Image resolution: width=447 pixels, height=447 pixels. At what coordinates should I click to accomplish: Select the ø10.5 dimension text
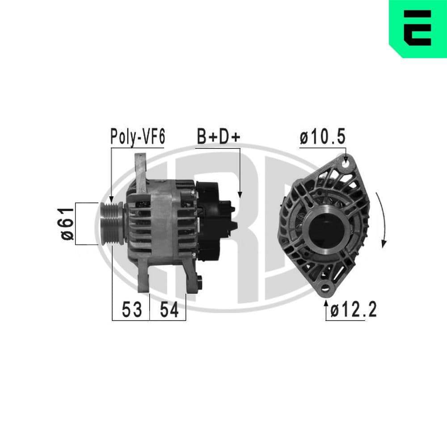(322, 138)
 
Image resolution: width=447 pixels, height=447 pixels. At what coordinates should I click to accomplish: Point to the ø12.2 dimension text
(354, 309)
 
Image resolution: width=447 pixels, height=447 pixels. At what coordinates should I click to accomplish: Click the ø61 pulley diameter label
(67, 223)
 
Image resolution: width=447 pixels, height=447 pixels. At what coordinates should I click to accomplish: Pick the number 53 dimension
(131, 309)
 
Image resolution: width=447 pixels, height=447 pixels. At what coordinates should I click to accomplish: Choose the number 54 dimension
(169, 309)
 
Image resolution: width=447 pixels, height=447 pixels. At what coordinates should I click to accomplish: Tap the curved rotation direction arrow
(382, 219)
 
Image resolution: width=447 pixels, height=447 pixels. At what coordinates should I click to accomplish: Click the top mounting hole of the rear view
(346, 164)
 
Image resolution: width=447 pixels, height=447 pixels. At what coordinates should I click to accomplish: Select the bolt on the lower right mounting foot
(198, 283)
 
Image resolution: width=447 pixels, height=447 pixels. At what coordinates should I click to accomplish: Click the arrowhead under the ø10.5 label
(346, 157)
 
